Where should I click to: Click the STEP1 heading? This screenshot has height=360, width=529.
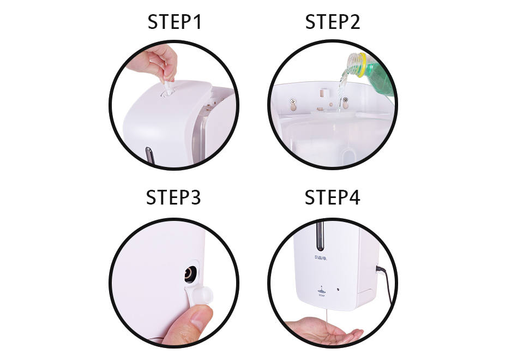click(175, 22)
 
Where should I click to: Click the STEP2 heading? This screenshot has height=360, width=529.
click(333, 22)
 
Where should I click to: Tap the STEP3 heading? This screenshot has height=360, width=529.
click(173, 197)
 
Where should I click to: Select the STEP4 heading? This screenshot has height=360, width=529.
click(332, 197)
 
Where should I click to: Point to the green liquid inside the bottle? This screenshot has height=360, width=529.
click(380, 79)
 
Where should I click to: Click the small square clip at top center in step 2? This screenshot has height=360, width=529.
click(324, 92)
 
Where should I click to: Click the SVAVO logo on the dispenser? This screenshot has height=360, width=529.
click(320, 257)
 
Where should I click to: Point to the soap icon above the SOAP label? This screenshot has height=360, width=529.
click(321, 290)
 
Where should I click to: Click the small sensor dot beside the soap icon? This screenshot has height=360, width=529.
click(338, 290)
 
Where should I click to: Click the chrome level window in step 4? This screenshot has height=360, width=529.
click(320, 235)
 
